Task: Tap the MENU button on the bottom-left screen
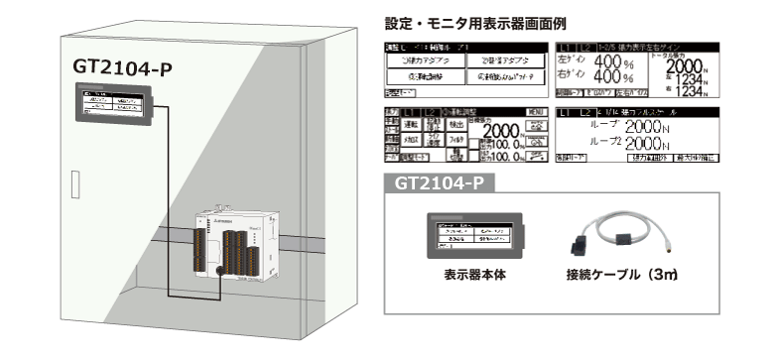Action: (x=535, y=110)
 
